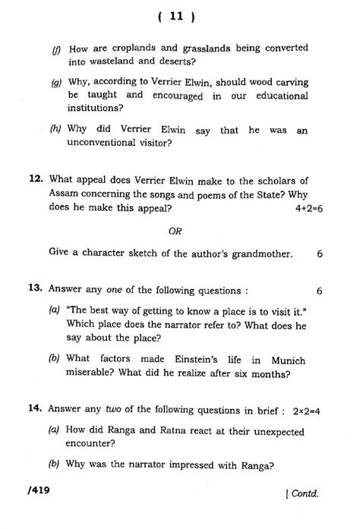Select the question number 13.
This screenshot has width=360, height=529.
(34, 290)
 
